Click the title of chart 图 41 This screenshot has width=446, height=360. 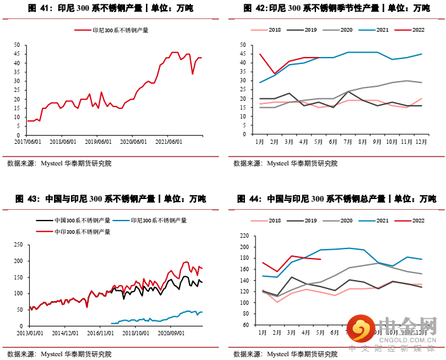pos(111,8)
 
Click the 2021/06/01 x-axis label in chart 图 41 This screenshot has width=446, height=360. pos(169,142)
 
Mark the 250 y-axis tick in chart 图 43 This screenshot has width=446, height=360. pos(18,245)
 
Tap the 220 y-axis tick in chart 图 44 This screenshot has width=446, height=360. pos(244,236)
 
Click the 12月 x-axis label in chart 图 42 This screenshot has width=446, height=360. pos(419,142)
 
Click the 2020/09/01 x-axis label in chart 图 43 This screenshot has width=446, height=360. pos(171,331)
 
